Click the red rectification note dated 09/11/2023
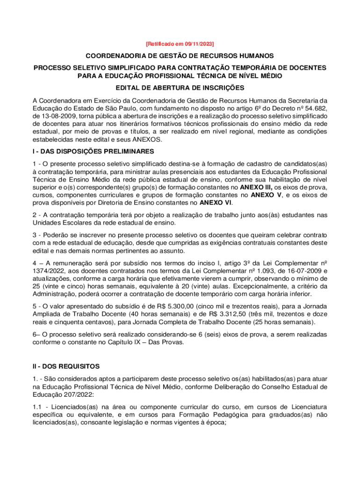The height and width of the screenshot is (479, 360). [180, 44]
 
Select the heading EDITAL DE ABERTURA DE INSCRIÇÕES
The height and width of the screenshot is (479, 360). [180, 88]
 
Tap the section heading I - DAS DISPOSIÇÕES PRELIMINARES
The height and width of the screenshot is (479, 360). [93, 152]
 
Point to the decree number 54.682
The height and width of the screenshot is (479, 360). [314, 108]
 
